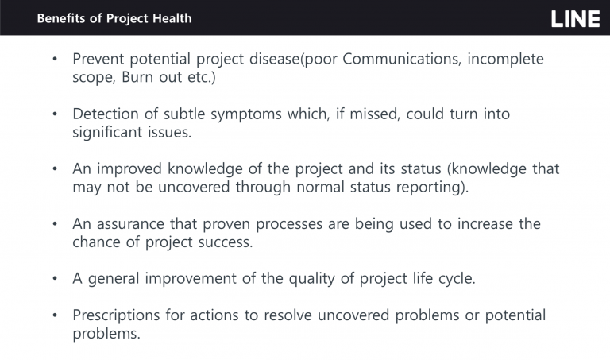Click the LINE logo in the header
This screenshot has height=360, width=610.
(x=575, y=19)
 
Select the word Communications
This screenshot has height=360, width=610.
(x=402, y=59)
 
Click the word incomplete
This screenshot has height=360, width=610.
(x=505, y=59)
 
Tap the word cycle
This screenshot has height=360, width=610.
(x=454, y=279)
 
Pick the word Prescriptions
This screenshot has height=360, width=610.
(x=116, y=315)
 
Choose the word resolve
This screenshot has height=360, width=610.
(x=288, y=315)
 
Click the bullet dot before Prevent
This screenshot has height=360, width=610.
(x=55, y=59)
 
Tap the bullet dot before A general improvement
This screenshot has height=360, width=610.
(x=55, y=279)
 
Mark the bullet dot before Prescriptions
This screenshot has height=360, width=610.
(x=55, y=315)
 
